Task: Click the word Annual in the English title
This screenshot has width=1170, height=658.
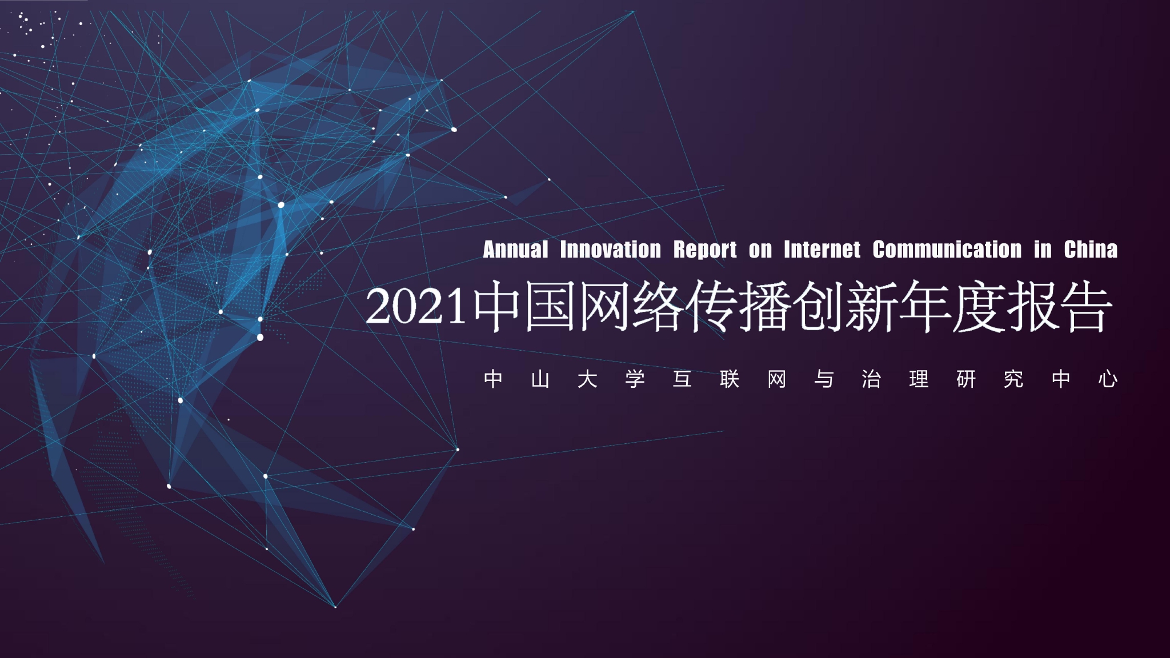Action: click(515, 250)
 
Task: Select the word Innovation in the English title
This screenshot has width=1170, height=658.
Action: click(610, 250)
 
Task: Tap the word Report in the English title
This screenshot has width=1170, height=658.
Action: click(705, 250)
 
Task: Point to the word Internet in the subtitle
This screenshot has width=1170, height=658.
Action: click(822, 250)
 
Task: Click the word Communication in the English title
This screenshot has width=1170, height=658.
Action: click(947, 250)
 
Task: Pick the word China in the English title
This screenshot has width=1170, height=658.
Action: click(1090, 250)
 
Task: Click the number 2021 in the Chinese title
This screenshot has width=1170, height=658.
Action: click(416, 307)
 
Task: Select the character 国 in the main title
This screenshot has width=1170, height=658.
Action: click(550, 307)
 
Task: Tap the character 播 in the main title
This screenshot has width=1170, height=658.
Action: click(766, 307)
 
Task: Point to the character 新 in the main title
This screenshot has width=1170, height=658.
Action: click(872, 307)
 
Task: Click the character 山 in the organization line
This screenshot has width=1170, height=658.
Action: click(540, 379)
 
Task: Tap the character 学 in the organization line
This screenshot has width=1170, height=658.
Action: click(635, 379)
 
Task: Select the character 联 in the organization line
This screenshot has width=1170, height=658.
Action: click(730, 379)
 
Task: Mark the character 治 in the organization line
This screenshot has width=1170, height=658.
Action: click(871, 379)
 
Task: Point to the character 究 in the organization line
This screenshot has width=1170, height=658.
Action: click(1013, 379)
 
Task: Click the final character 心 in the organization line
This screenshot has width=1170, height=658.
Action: click(1108, 379)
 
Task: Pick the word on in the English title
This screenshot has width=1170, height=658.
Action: click(760, 250)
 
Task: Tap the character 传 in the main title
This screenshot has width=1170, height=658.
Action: click(712, 307)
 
